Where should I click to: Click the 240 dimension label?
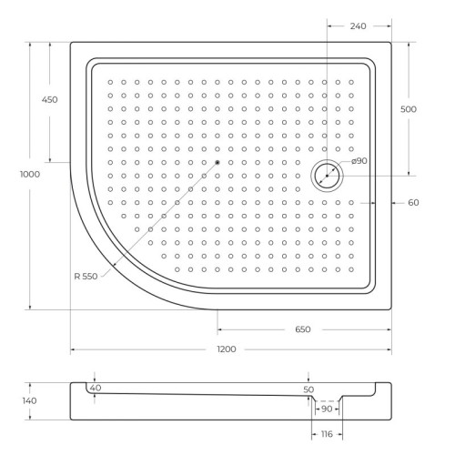point(358,26)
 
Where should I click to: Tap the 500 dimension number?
point(409,108)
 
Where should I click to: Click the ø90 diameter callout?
point(359,161)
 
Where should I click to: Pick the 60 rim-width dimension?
point(412,202)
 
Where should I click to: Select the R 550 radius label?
point(89,277)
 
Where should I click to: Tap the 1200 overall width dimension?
point(227,350)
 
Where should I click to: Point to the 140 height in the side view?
point(29,400)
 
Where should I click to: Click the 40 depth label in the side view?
point(96,389)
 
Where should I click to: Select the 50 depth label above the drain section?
point(308,389)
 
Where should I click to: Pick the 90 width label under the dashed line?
point(326,409)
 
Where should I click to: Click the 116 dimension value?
point(326,436)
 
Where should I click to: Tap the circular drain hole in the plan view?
point(325,175)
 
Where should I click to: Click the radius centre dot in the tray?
point(218,162)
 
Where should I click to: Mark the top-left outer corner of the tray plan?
point(72,41)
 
